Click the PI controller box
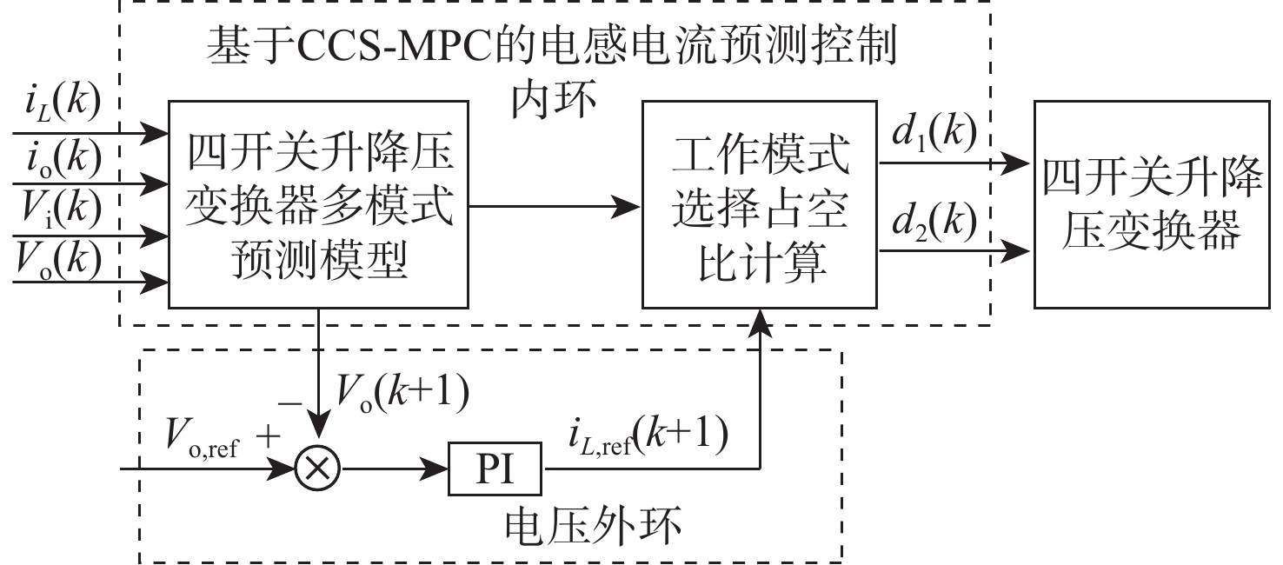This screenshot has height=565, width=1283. [x=493, y=469]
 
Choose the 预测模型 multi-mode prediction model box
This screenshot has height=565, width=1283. [x=319, y=204]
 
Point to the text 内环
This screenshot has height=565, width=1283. [x=553, y=104]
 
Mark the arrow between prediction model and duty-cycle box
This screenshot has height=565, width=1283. [x=555, y=207]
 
